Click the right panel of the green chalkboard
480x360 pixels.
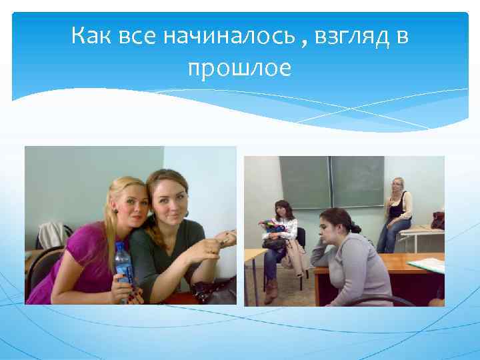(x=358, y=181)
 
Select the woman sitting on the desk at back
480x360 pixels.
(x=397, y=211)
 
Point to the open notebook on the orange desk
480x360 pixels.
(x=427, y=265)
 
